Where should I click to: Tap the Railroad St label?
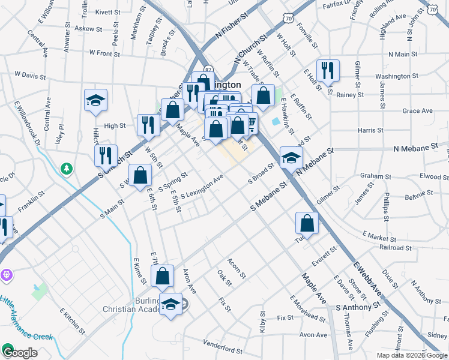[x=395, y=247]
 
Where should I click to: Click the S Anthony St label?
[x=359, y=306]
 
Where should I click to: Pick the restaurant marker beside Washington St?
[x=328, y=70]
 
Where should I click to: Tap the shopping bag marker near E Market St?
[x=307, y=223]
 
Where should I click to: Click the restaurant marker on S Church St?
[x=106, y=155]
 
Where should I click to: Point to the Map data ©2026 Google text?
[x=411, y=355]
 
